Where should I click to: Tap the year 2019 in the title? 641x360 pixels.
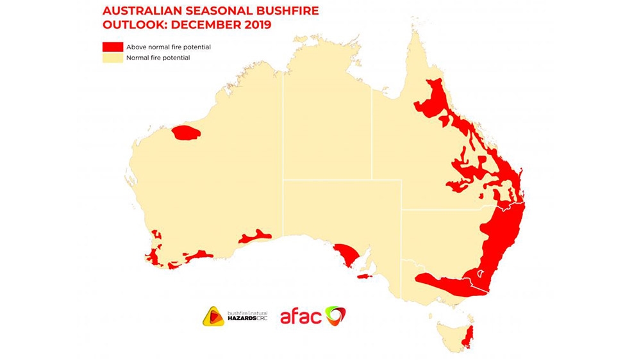pos(254,25)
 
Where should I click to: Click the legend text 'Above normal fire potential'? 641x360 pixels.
pos(169,47)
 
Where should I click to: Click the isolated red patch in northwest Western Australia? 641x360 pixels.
pos(187,133)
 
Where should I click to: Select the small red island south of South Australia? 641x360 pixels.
pos(364,277)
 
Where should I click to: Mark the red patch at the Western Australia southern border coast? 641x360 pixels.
pos(256,236)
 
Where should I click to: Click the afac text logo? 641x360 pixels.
pos(301,316)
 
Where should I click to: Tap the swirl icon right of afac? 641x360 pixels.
pos(336,316)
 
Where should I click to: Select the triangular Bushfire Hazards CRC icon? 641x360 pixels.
pos(213,316)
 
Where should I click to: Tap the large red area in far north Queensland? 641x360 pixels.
pos(436,99)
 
